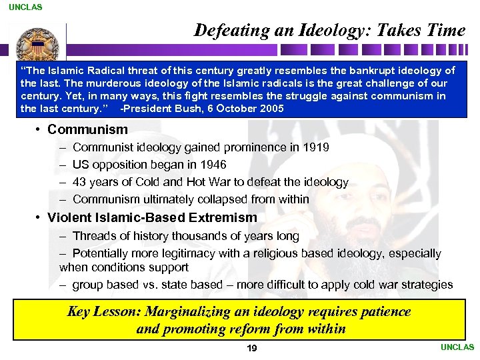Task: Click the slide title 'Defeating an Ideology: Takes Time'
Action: (329, 30)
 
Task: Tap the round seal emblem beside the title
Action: (29, 45)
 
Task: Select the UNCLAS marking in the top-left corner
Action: (25, 7)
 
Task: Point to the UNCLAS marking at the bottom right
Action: (457, 347)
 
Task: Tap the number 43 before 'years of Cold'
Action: (79, 181)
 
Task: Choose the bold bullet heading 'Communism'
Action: (87, 129)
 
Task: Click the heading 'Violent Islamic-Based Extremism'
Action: (152, 217)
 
